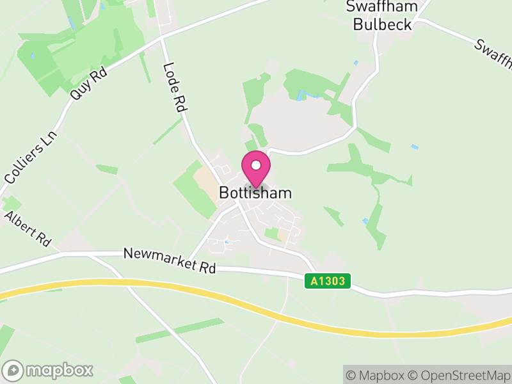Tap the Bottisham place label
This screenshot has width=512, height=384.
click(255, 193)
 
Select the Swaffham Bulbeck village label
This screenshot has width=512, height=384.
click(382, 16)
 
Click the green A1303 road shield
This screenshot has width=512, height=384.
click(327, 281)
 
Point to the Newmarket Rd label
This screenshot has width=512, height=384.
click(170, 261)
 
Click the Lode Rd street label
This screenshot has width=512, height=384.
click(174, 88)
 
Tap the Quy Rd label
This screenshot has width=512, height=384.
click(88, 84)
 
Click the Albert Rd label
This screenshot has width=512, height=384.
click(28, 229)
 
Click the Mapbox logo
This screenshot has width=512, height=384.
click(49, 370)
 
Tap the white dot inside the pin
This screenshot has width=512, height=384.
click(255, 166)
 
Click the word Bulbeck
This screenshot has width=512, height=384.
click(382, 24)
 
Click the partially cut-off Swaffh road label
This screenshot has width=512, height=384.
click(493, 55)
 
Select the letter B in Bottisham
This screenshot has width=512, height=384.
click(223, 193)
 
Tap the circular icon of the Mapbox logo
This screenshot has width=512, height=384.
click(13, 370)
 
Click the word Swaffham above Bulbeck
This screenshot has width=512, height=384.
click(382, 7)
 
